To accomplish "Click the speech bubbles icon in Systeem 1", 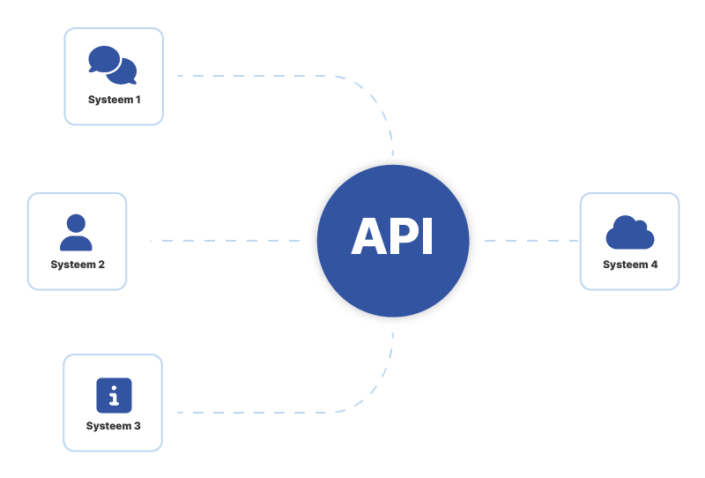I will point(113,64).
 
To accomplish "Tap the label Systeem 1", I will point(114,100).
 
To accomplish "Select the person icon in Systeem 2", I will point(77,233).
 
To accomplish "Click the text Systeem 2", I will point(78,265).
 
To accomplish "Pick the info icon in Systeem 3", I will point(114,396).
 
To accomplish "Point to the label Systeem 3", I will point(113,426).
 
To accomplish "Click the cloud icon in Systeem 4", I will point(629,233).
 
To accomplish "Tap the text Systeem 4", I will point(630,265).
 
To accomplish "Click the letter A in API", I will point(370,238).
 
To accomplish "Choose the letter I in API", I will point(429,238).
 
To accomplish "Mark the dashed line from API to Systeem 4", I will point(529,240).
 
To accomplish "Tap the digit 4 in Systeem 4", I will point(654,265).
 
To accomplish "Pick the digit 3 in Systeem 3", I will point(137,426).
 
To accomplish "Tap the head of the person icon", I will point(77,223).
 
